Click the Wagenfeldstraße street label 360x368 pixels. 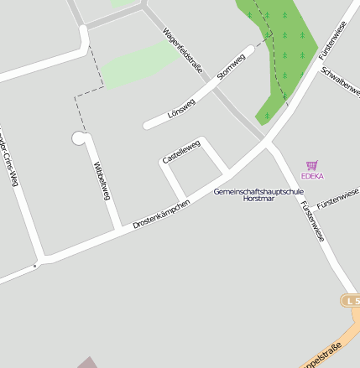(x=183, y=52)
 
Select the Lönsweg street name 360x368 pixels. (x=180, y=108)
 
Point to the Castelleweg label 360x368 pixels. (x=181, y=152)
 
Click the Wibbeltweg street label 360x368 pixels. (x=102, y=181)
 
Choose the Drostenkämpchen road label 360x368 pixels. (x=161, y=214)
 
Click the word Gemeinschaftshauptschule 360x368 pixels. (x=258, y=191)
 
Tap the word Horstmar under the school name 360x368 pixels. (x=258, y=200)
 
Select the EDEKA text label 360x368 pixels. (x=311, y=177)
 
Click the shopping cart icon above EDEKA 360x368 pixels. (x=312, y=166)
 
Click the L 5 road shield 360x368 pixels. (x=351, y=300)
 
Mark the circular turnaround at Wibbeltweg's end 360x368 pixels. (x=79, y=137)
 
